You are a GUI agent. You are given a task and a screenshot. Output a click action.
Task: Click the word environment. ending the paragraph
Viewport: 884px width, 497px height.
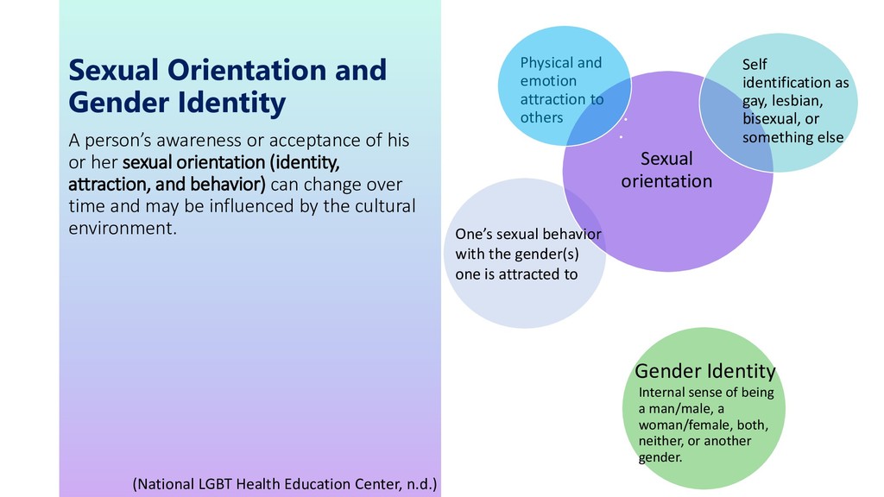122,230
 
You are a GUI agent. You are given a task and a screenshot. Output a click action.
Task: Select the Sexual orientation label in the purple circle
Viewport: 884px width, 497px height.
666,170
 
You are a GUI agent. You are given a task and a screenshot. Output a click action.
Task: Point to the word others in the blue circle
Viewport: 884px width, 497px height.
541,117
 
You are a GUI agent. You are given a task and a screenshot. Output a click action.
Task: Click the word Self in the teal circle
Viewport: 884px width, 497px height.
754,65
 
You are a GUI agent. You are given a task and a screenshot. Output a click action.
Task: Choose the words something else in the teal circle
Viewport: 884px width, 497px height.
792,137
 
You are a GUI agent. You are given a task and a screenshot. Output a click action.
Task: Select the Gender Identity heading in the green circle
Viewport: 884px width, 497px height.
705,371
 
